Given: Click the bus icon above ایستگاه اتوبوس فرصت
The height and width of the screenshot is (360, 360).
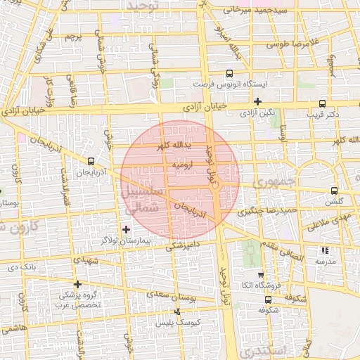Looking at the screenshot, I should (229, 73).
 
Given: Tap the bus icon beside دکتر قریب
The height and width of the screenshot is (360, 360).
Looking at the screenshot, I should (322, 103).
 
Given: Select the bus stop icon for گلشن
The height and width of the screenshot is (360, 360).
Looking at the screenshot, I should (333, 191).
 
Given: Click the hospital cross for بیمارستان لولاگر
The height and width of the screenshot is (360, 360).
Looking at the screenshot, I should (126, 229).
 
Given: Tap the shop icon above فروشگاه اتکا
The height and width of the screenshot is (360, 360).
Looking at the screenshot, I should (261, 275).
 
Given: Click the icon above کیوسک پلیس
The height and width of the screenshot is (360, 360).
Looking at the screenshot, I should (177, 311).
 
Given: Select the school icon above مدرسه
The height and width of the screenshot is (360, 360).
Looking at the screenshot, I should (324, 250).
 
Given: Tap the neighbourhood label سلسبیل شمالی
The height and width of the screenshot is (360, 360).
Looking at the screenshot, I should (143, 199).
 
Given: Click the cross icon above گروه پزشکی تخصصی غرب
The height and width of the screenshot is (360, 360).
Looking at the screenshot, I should (78, 284).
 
